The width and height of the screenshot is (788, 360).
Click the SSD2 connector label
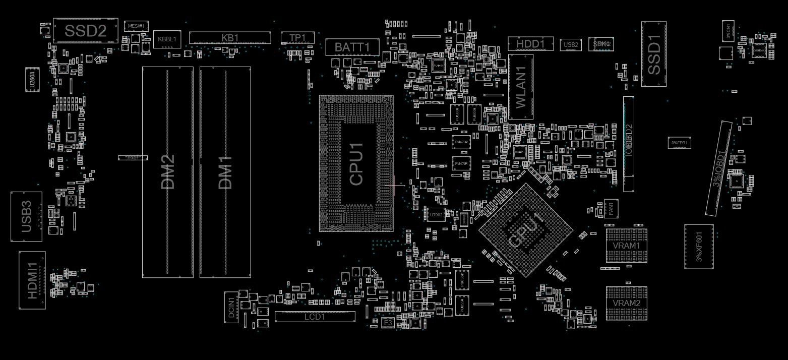[x=86, y=31]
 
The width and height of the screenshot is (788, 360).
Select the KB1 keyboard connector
[x=230, y=38]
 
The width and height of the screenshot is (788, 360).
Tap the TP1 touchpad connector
[x=297, y=38]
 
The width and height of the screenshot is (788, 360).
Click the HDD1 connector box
[x=530, y=44]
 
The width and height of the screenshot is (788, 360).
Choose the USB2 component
[x=571, y=45]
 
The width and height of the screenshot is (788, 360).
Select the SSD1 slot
[x=653, y=54]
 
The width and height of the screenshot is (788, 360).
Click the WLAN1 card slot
[x=521, y=87]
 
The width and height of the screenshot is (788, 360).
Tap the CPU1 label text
[x=356, y=163]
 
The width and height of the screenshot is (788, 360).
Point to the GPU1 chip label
[x=526, y=230]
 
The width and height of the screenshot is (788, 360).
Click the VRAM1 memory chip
[x=626, y=246]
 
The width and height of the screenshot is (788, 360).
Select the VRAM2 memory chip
[x=626, y=304]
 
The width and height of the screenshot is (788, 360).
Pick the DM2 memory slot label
[x=168, y=172]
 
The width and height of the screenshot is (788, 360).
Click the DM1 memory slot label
[x=225, y=172]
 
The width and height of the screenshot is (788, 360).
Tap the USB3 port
[x=26, y=217]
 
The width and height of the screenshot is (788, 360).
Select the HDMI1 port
[x=32, y=280]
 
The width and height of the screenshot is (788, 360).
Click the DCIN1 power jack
[x=231, y=307]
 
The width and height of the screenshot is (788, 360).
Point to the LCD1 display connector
[x=315, y=317]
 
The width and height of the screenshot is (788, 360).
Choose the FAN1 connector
[x=612, y=209]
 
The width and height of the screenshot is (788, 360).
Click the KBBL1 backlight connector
[x=167, y=39]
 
